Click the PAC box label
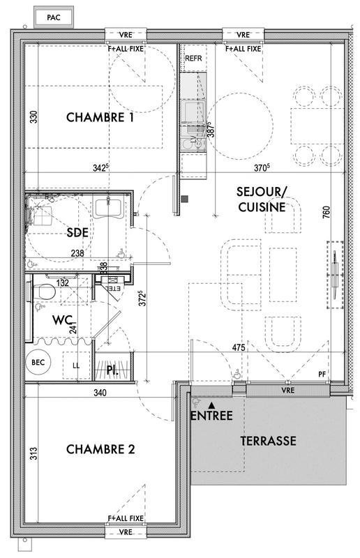coord(53,17)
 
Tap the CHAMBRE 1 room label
coord(100,118)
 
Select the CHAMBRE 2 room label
coord(100,449)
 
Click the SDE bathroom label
coord(77,232)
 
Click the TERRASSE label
coord(269,441)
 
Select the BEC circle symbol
coord(36,362)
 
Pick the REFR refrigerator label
coord(193,59)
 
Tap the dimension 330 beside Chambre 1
coord(33,119)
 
